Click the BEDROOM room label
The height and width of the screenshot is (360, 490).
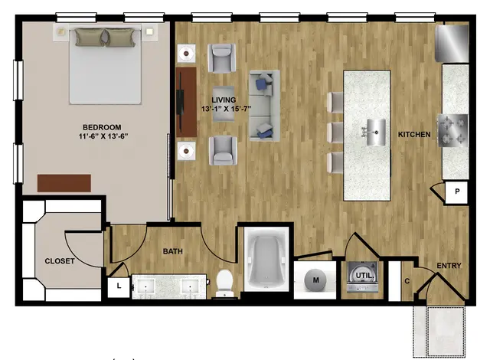[x=102, y=127]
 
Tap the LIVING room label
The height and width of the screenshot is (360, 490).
[x=224, y=100]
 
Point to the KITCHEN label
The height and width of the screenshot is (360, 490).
[x=414, y=134]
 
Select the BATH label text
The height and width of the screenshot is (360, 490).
[x=173, y=251]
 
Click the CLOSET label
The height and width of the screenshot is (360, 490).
[x=60, y=261]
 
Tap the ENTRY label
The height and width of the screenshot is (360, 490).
[x=449, y=266]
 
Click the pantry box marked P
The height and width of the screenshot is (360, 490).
[x=456, y=192]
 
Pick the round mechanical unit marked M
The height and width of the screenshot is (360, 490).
[x=315, y=280]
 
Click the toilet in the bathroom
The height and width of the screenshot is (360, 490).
[x=225, y=283]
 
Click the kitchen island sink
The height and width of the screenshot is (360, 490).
[x=375, y=133]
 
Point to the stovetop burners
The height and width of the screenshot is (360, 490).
[x=453, y=130]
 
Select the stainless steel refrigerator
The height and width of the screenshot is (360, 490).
[x=452, y=44]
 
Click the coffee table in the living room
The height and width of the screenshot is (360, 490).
[x=224, y=103]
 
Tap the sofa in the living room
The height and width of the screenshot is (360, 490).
[x=264, y=105]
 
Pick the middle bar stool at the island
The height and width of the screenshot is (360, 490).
[x=335, y=133]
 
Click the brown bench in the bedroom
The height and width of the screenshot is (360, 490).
[x=64, y=183]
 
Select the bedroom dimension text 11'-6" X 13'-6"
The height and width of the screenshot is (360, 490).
[x=103, y=136]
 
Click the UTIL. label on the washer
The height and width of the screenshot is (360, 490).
[x=364, y=276]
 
